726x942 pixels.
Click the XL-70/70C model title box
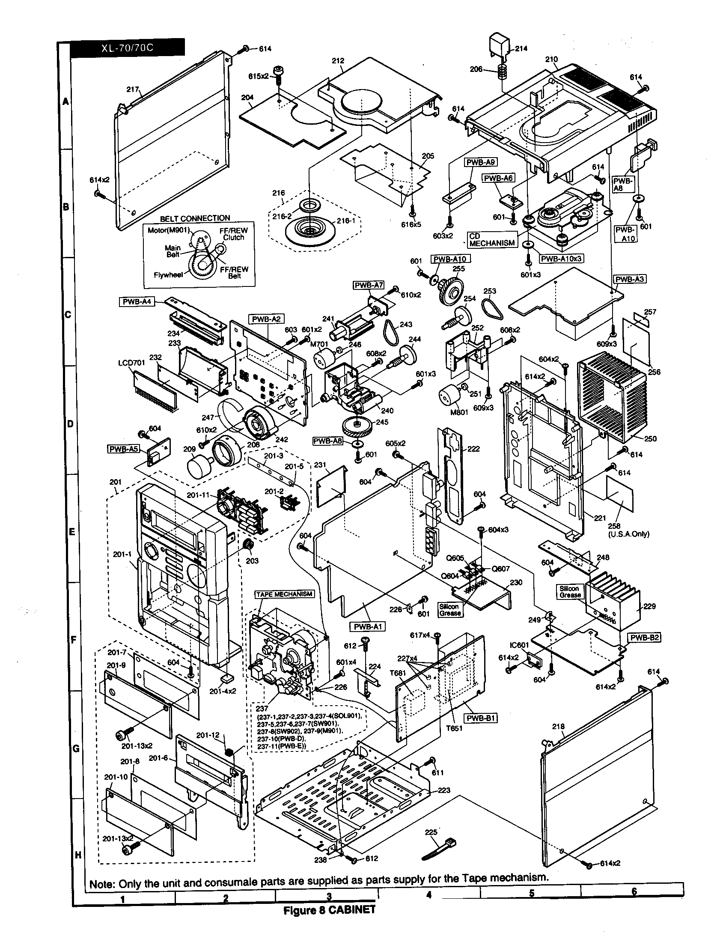127,48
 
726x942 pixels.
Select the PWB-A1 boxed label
367,626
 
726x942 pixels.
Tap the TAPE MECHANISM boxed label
285,594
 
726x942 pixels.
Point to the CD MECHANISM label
492,240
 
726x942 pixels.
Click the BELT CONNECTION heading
195,218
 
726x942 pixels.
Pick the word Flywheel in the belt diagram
168,275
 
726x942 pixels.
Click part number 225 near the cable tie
431,832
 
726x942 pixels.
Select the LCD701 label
131,363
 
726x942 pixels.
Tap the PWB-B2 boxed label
645,638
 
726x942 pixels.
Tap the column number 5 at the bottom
531,893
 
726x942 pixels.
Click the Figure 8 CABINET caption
329,910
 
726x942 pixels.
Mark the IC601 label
519,645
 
